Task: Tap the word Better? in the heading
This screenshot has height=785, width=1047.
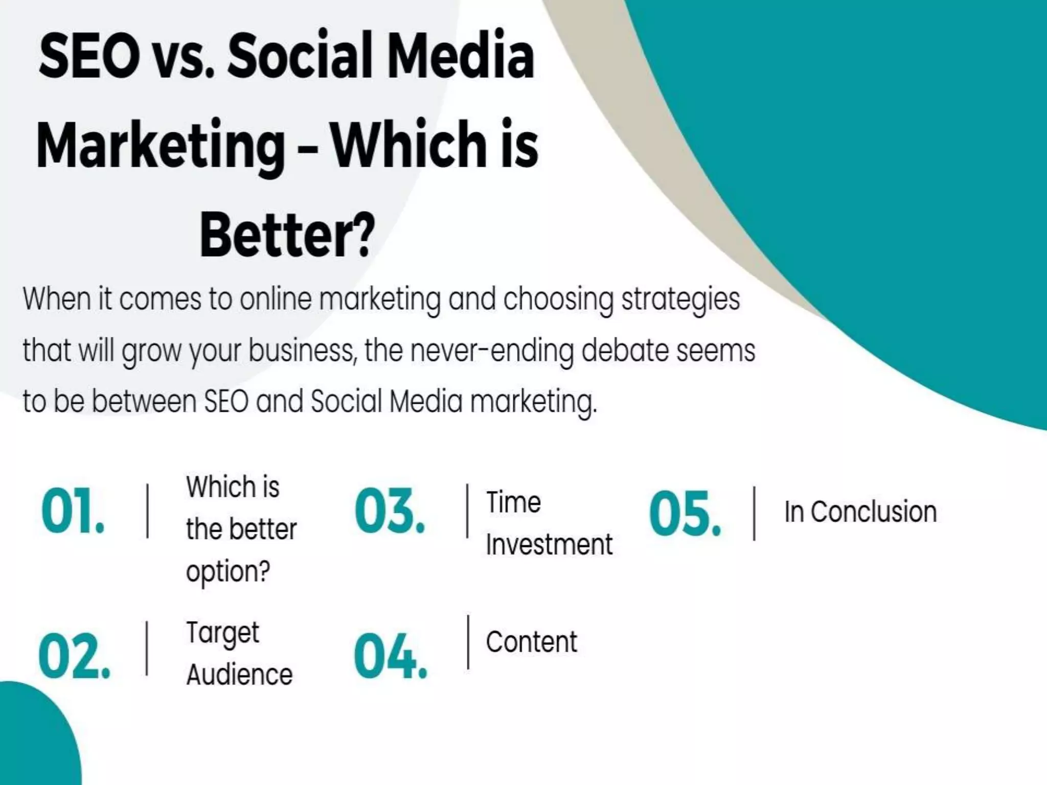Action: pos(287,236)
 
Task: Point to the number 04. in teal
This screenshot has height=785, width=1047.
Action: pos(390,657)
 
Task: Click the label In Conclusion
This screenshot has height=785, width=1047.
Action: pos(860,512)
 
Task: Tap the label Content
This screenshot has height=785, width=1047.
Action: pos(531,642)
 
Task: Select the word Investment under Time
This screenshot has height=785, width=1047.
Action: pos(549,544)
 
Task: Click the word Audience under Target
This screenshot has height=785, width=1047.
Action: pos(239,675)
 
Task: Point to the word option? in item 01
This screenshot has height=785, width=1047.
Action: pos(227,571)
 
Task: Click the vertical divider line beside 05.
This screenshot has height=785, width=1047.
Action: pos(754,513)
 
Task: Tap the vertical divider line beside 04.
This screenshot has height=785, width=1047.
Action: pos(468,642)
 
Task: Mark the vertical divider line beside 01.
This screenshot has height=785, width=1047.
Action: pos(148,511)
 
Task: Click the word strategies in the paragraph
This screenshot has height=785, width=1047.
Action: pos(680,299)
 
